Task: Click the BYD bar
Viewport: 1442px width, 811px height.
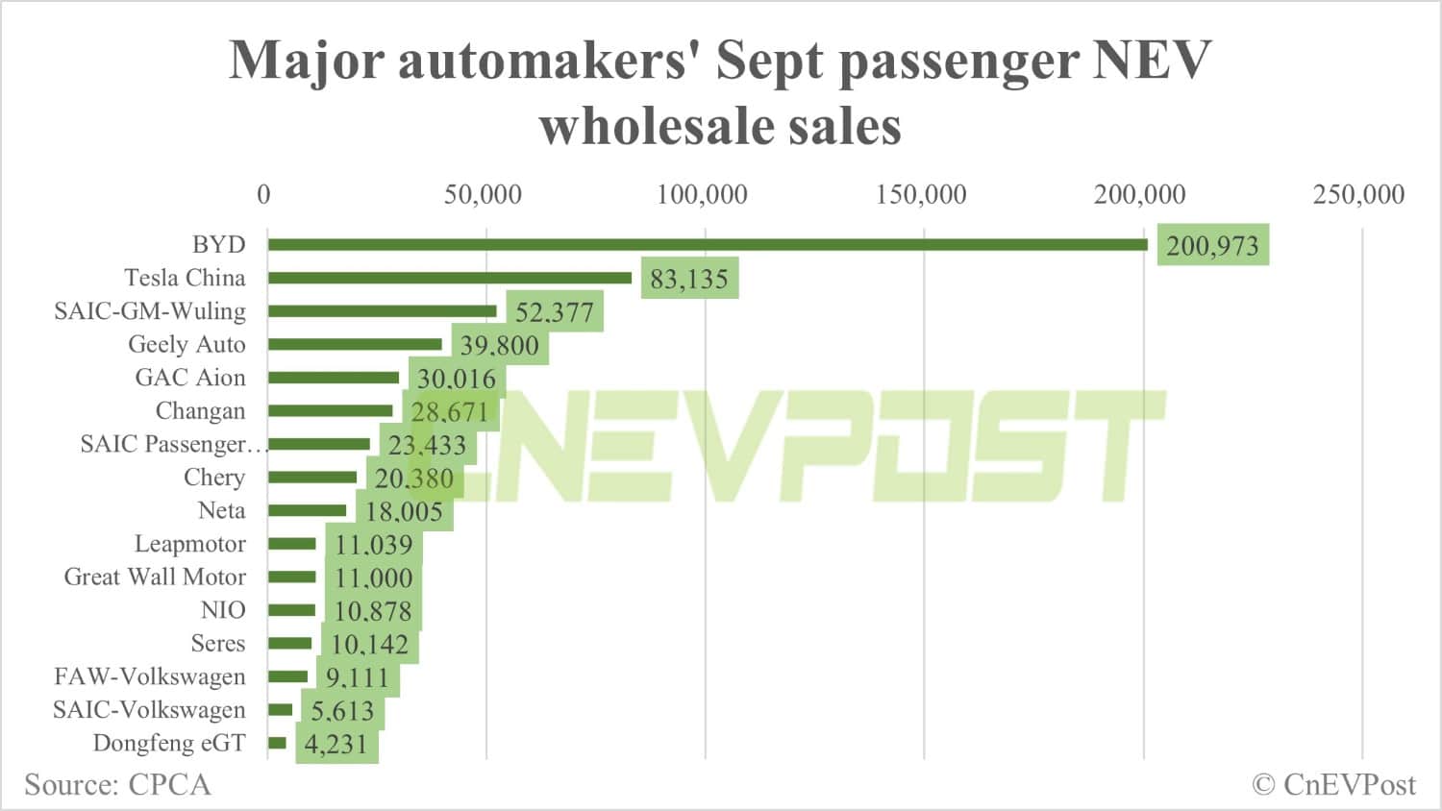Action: click(x=708, y=244)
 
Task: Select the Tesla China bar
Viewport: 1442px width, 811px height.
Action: click(x=450, y=278)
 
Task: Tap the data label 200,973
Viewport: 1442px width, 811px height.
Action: click(x=1212, y=246)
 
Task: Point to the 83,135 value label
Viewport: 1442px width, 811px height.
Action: click(x=689, y=279)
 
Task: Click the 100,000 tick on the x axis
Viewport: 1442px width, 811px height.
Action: click(x=702, y=195)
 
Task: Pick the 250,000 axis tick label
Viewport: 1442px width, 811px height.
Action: click(x=1358, y=195)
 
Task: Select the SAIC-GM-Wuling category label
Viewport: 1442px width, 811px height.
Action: click(x=150, y=311)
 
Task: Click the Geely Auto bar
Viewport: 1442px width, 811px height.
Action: click(x=355, y=344)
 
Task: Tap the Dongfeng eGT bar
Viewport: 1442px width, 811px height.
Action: click(x=277, y=743)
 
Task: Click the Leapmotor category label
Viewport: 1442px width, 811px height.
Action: click(x=189, y=544)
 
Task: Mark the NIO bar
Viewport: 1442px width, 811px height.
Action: click(x=291, y=610)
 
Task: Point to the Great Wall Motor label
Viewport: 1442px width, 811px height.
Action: click(x=155, y=577)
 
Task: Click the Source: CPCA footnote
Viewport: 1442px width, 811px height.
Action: click(x=117, y=785)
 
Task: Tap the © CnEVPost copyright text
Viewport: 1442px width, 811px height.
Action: click(x=1333, y=785)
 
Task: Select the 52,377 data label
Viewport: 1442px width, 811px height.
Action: click(x=555, y=312)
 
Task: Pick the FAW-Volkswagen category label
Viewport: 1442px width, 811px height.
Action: click(x=150, y=676)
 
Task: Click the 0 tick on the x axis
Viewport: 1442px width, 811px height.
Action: click(x=263, y=195)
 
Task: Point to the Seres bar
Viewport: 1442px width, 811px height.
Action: click(x=289, y=643)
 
